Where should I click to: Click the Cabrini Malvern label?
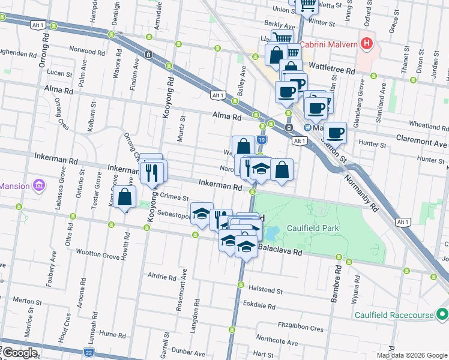click(x=329, y=44)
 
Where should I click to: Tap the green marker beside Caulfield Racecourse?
click(x=442, y=314)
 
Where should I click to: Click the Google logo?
click(x=20, y=353)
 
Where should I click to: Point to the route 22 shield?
click(x=89, y=353)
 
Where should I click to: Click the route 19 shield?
click(x=262, y=140)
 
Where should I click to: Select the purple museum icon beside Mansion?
click(x=40, y=186)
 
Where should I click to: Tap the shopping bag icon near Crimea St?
click(x=126, y=197)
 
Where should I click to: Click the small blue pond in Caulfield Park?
click(x=271, y=232)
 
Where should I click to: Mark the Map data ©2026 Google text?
click(x=412, y=355)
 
